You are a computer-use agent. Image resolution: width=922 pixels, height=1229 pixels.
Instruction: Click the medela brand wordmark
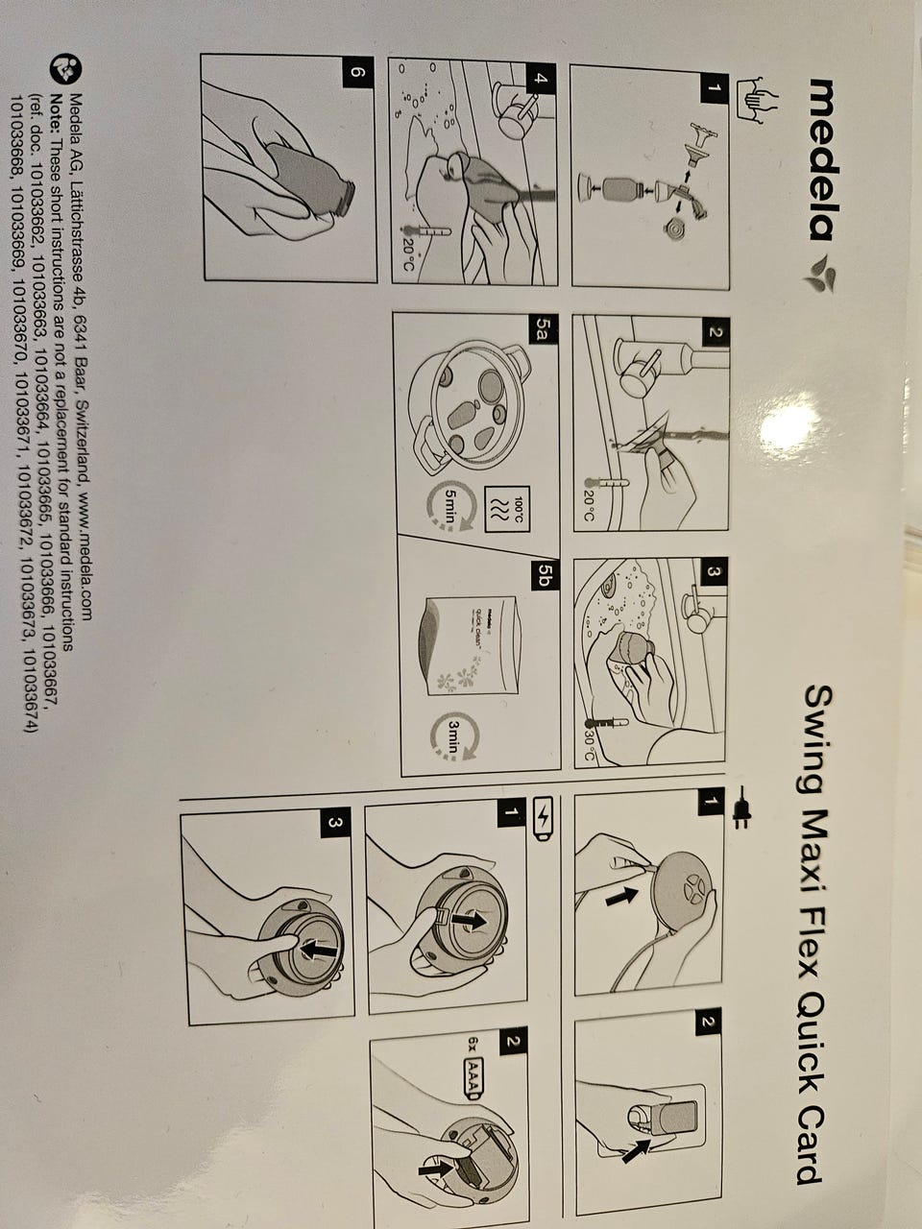[819, 159]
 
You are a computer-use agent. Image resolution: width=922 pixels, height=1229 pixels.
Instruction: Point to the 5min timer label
[451, 508]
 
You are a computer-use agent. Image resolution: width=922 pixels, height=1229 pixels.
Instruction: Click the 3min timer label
[454, 737]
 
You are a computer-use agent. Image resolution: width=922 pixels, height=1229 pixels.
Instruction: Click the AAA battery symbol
[472, 1076]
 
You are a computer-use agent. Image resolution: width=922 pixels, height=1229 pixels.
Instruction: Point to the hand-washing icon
[752, 102]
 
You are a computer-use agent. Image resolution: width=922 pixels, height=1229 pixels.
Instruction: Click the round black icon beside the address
[66, 70]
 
